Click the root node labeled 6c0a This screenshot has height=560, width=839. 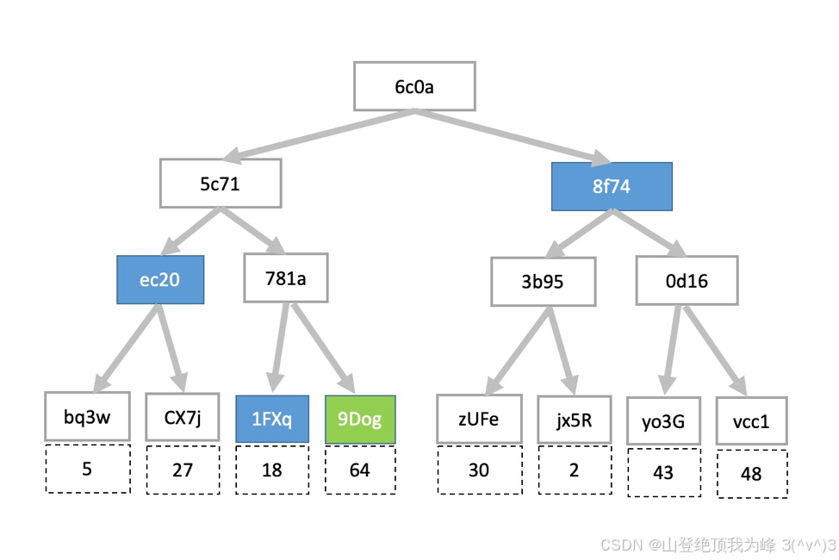pos(414,86)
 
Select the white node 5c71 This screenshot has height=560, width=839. pos(221,184)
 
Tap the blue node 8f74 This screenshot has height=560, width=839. pos(612,186)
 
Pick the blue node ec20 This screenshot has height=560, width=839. pos(160,280)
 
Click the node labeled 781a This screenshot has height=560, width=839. pos(285,277)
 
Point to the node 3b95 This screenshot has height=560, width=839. pos(543,281)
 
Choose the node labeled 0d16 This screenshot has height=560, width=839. pos(687,280)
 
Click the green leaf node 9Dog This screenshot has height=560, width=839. pos(360,420)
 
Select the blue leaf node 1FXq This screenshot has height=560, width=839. pos(272,420)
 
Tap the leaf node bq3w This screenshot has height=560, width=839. pos(87,417)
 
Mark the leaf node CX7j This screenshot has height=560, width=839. pos(183,419)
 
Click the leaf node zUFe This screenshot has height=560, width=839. pos(479,420)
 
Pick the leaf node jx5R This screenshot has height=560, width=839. pos(574,420)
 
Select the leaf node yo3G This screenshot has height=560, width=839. pos(662,421)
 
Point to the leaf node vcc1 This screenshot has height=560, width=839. pos(750,421)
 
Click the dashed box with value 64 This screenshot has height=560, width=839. pos(360,470)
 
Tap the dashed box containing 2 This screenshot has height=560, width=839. pos(574,470)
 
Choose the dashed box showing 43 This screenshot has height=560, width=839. pos(662,473)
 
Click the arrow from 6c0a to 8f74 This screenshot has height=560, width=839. pos(513,135)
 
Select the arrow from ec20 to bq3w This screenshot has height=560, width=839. pos(129,346)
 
